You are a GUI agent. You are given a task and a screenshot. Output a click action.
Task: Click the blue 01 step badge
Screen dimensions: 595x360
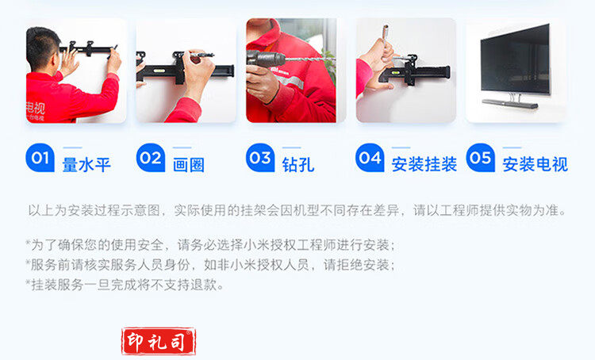(x=40, y=158)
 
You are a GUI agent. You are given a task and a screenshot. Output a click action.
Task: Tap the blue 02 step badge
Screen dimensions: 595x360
(x=151, y=158)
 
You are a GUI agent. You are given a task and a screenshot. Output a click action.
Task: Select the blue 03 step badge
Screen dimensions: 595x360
(x=260, y=158)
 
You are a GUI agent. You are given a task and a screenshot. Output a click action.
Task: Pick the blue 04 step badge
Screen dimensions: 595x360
(x=370, y=158)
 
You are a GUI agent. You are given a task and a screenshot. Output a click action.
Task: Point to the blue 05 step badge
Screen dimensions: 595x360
(x=481, y=158)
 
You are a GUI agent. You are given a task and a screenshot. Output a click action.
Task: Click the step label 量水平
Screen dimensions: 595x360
(x=86, y=165)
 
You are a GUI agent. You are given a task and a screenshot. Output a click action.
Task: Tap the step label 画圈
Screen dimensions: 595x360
(x=189, y=165)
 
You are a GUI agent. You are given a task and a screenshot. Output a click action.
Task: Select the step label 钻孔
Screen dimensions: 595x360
(x=298, y=165)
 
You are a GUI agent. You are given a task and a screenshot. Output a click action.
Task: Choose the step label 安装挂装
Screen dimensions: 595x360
(x=424, y=165)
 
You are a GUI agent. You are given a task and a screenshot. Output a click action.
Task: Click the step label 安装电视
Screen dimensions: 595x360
(x=535, y=165)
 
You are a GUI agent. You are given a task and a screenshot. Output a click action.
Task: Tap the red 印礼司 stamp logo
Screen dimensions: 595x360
(x=159, y=341)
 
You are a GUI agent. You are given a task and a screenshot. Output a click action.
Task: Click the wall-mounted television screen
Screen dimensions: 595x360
(x=515, y=59)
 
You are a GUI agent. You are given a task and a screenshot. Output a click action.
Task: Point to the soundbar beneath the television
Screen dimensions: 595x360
(x=510, y=104)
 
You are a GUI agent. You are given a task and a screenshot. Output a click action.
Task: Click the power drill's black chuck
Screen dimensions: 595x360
(x=266, y=59)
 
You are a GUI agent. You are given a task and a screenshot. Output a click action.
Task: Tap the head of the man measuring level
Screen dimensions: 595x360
(x=43, y=48)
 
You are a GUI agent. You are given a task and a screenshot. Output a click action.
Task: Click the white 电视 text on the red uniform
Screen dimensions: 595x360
(x=35, y=108)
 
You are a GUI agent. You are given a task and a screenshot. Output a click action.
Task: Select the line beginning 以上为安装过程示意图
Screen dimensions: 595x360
(x=297, y=210)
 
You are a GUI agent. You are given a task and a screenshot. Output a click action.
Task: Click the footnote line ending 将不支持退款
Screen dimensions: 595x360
(x=125, y=285)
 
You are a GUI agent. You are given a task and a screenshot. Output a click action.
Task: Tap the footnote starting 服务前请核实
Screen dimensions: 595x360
(x=210, y=265)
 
